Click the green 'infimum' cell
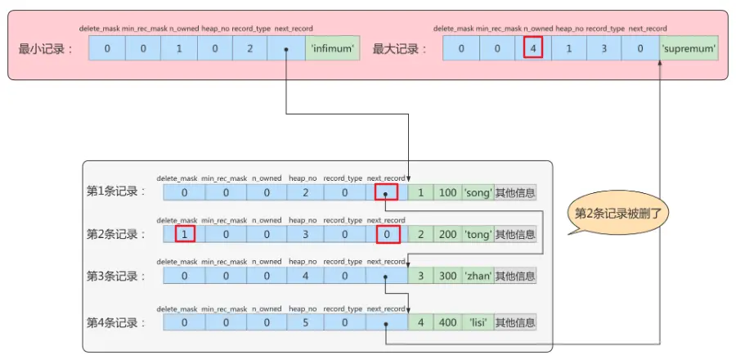[332, 48]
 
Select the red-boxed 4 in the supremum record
[533, 48]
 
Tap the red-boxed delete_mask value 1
[185, 235]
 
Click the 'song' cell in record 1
[478, 192]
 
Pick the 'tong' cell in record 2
[478, 235]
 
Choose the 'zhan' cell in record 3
[478, 277]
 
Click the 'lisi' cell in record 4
[478, 322]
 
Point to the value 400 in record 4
[447, 322]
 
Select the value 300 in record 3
[447, 277]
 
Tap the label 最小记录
[45, 48]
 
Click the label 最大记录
[400, 48]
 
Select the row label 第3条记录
[116, 277]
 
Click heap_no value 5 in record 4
[305, 322]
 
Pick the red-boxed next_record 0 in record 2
[386, 235]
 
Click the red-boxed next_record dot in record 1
[386, 192]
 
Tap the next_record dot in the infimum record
[285, 48]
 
